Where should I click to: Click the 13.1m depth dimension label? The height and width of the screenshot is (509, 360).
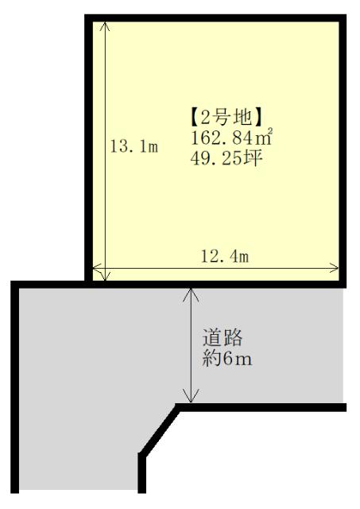(x=134, y=146)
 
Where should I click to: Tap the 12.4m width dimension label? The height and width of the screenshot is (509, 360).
(x=225, y=256)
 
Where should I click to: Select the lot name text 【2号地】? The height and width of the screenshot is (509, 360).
(x=226, y=118)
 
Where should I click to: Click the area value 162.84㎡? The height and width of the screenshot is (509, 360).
(x=231, y=138)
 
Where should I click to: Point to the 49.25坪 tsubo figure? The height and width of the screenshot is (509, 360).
(x=226, y=158)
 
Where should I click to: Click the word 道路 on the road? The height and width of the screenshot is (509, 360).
(x=223, y=337)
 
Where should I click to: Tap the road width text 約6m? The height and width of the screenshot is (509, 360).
(x=227, y=359)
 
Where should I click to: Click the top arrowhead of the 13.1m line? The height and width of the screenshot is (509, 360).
(x=105, y=26)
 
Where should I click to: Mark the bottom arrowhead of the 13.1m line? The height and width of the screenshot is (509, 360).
(x=105, y=276)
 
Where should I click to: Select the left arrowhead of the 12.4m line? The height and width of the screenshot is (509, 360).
(x=98, y=268)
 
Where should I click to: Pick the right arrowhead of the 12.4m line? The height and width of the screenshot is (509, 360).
(x=334, y=268)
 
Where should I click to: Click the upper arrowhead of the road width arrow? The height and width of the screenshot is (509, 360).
(x=191, y=294)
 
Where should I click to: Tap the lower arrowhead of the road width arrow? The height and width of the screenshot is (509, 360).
(x=191, y=397)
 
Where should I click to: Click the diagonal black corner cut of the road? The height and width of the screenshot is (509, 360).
(x=160, y=431)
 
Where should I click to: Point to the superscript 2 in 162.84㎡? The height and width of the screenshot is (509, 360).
(x=269, y=131)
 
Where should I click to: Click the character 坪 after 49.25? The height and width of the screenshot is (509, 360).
(x=253, y=158)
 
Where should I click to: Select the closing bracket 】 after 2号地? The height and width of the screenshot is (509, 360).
(x=257, y=118)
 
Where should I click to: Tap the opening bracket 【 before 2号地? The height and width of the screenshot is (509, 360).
(x=194, y=118)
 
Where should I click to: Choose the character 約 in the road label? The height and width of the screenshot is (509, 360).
(x=212, y=359)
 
